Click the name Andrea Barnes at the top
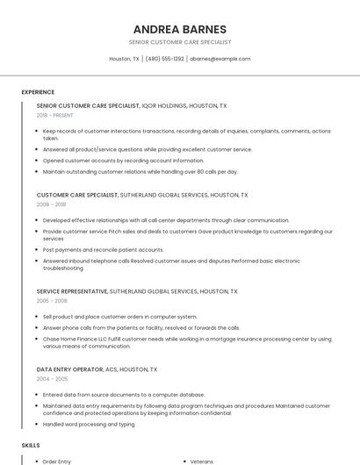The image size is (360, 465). point(179,29)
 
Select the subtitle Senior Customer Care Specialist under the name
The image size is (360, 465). point(179,42)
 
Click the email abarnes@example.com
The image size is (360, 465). point(220,59)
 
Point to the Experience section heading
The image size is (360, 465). point(38,92)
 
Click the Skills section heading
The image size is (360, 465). point(31,445)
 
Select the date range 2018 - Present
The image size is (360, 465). point(55,115)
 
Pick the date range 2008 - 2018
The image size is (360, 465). point(51,204)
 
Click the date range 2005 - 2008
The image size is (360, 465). point(52,300)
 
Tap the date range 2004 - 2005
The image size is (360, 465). point(52,379)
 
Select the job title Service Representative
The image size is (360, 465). point(72,290)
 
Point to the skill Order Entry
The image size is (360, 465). point(57,461)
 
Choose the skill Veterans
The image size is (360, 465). point(202,461)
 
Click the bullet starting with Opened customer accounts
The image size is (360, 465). point(123,161)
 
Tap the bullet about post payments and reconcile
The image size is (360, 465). point(103,249)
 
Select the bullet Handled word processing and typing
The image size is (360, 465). point(89,424)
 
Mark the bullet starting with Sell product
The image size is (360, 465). point(119,316)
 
